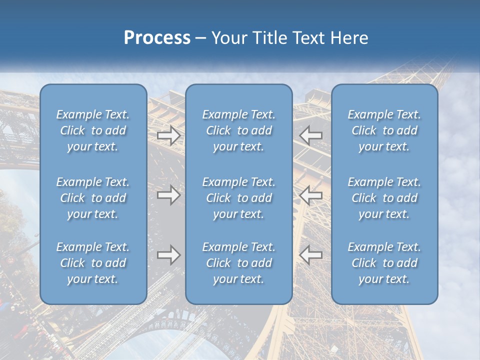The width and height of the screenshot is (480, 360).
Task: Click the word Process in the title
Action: (157, 38)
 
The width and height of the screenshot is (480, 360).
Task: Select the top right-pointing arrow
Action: (169, 135)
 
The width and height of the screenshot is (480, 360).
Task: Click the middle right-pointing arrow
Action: (169, 195)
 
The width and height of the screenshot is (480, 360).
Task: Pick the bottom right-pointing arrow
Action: (169, 255)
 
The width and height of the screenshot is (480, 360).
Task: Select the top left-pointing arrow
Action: (310, 135)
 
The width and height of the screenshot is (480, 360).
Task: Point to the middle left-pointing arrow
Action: (310, 195)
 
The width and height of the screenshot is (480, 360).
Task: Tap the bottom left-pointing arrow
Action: (310, 255)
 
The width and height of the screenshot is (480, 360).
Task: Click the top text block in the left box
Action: (93, 130)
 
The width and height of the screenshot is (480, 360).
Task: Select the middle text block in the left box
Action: (93, 198)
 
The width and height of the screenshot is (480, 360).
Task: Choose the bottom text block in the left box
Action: (93, 263)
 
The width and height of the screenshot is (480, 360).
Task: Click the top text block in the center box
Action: (239, 130)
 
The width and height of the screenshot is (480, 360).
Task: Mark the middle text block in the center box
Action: (239, 198)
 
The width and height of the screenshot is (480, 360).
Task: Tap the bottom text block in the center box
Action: (239, 263)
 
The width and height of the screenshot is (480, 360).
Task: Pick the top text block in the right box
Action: (384, 130)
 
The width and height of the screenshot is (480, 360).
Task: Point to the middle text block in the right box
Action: (384, 198)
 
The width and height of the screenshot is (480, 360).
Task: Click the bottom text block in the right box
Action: (384, 263)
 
